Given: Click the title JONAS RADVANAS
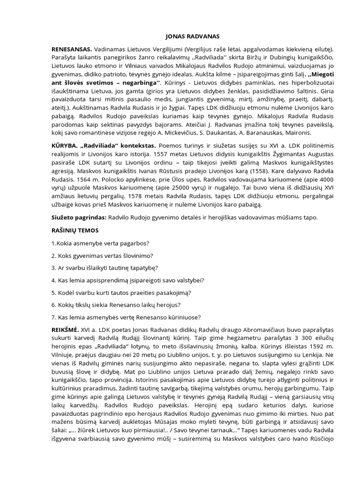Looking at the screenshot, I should tap(180, 36).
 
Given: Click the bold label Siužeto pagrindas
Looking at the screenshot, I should tap(79, 217).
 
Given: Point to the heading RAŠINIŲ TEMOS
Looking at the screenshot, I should tap(76, 231).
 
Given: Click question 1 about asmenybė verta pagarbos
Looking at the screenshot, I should tap(100, 243).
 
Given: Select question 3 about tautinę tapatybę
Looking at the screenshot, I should tap(105, 268).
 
